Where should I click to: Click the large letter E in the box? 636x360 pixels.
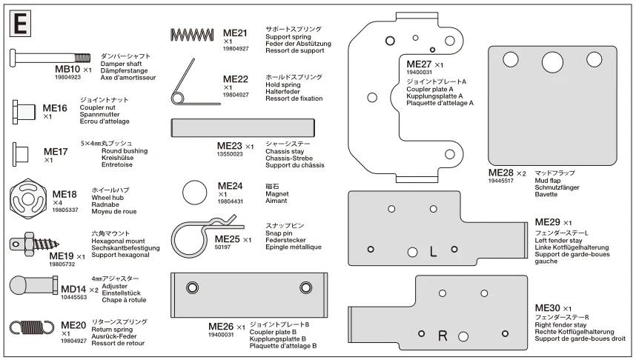(20, 24)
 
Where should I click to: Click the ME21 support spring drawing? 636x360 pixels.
(192, 35)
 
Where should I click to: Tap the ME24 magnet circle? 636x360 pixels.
(195, 193)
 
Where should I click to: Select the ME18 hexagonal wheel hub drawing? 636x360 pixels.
(27, 199)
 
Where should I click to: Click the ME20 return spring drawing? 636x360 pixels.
(32, 328)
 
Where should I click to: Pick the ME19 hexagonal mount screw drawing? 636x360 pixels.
(34, 244)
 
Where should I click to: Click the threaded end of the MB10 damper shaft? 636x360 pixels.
(82, 58)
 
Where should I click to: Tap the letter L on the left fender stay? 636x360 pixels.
(433, 252)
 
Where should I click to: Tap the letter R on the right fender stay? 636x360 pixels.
(443, 336)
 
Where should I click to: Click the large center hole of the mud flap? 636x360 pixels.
(552, 62)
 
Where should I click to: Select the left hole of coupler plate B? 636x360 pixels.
(192, 288)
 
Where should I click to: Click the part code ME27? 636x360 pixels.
(419, 64)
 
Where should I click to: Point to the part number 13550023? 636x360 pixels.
(230, 154)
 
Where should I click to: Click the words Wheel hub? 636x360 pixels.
(107, 198)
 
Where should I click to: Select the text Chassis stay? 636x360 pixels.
(285, 151)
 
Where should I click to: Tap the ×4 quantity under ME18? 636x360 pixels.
(57, 203)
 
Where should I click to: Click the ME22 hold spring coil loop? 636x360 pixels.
(177, 99)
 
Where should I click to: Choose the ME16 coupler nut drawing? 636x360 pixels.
(24, 112)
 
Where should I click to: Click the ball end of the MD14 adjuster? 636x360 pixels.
(19, 285)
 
